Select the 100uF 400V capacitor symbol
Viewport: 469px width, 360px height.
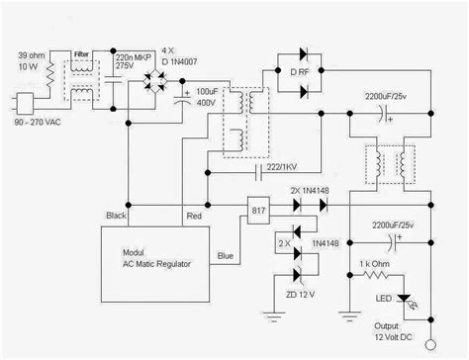coord(185,98)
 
